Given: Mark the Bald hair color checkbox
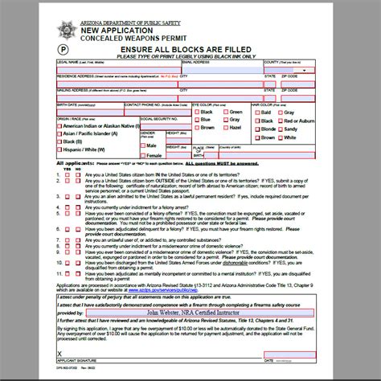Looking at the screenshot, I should click(256, 112).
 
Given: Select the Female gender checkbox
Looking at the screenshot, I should click(142, 154).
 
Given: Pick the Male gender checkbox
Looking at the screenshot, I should click(142, 145).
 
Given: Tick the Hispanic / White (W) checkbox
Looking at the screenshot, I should click(59, 150).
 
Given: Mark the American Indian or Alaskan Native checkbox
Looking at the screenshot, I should click(59, 127).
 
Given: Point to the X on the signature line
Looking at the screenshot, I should click(59, 351).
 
